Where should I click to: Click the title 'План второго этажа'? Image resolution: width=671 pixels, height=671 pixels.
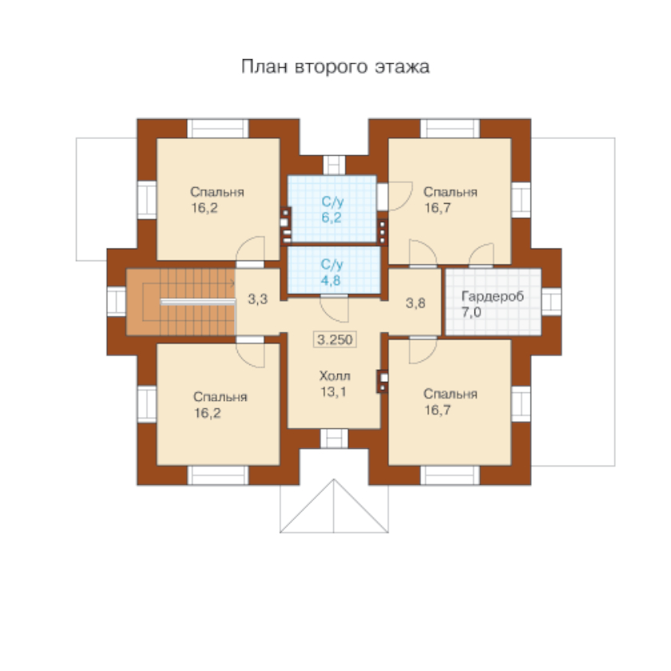[x=335, y=67]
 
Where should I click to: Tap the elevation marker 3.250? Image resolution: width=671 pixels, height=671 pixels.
[x=335, y=339]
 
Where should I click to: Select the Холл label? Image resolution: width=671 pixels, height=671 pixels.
[x=335, y=376]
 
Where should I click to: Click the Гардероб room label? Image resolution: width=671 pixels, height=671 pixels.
[x=493, y=296]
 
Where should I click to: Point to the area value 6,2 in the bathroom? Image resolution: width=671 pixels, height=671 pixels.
[x=332, y=218]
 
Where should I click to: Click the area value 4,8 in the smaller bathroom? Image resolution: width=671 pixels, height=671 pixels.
[x=331, y=280]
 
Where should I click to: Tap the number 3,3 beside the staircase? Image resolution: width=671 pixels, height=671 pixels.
[x=257, y=299]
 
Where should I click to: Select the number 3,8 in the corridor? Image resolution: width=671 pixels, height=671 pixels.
[x=415, y=304]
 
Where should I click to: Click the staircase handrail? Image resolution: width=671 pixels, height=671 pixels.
[x=198, y=302]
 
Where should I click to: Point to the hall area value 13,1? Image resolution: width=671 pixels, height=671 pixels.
[x=333, y=392]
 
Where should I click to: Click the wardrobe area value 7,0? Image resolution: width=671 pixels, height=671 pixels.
[x=471, y=312]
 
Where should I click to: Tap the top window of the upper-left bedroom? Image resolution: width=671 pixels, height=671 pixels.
[x=218, y=129]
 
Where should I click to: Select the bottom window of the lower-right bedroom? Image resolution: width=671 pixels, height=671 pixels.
[x=451, y=475]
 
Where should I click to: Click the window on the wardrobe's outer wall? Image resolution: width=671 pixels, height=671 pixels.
[x=552, y=302]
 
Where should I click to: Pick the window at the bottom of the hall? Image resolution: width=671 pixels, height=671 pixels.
[x=334, y=439]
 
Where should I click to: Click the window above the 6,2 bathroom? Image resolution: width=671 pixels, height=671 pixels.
[x=334, y=165]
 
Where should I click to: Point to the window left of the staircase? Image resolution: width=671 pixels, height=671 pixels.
[x=117, y=302]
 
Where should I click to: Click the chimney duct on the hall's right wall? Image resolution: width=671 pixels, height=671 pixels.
[x=383, y=381]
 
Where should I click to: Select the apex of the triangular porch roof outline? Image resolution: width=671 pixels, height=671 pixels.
[x=334, y=479]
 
